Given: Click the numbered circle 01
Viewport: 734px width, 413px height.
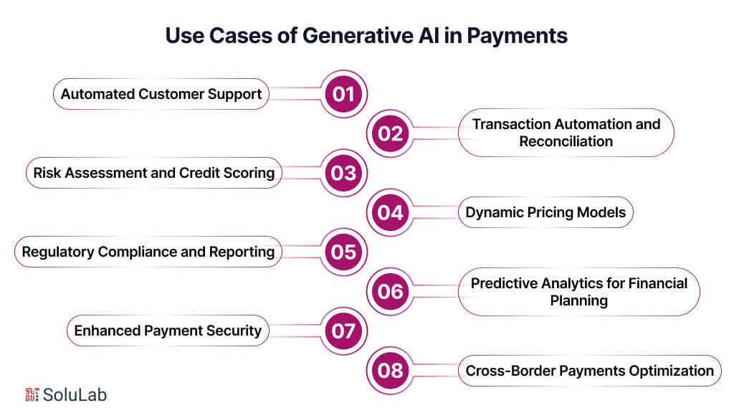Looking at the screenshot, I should (343, 94).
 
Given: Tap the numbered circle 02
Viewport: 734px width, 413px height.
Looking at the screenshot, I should (391, 133).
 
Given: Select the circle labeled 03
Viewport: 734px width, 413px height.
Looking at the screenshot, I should (343, 173).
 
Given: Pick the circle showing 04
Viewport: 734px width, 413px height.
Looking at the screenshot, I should (391, 212).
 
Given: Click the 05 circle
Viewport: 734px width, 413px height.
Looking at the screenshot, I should (343, 252).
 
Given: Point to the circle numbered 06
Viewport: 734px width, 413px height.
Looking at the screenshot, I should (391, 292).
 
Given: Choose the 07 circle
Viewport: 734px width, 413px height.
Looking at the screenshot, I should (343, 331).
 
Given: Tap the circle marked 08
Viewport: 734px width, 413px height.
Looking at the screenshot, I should (391, 371).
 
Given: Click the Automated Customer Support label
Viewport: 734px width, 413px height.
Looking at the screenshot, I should (161, 94).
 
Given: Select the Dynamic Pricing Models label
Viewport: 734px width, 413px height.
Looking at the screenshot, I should (545, 212).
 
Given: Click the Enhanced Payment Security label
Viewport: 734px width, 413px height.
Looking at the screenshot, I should (168, 331).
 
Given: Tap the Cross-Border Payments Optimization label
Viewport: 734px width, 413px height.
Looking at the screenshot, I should (589, 371).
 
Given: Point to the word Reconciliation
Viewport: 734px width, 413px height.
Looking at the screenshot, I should (566, 141).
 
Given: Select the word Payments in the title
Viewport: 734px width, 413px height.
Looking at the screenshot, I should (518, 36).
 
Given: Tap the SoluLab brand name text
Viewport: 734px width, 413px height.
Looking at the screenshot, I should (75, 394).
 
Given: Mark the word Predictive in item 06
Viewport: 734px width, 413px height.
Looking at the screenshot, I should (501, 283).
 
